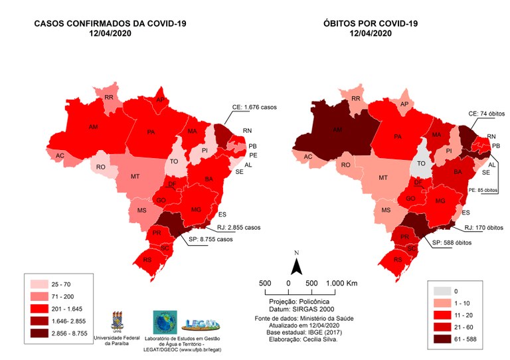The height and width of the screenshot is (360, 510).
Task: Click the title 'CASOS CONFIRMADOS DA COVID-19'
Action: click(x=110, y=24)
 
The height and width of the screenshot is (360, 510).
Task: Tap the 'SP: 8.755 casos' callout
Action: click(x=212, y=240)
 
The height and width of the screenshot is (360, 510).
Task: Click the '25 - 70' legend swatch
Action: click(x=39, y=284)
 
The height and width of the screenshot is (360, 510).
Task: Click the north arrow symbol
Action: click(x=298, y=265)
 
